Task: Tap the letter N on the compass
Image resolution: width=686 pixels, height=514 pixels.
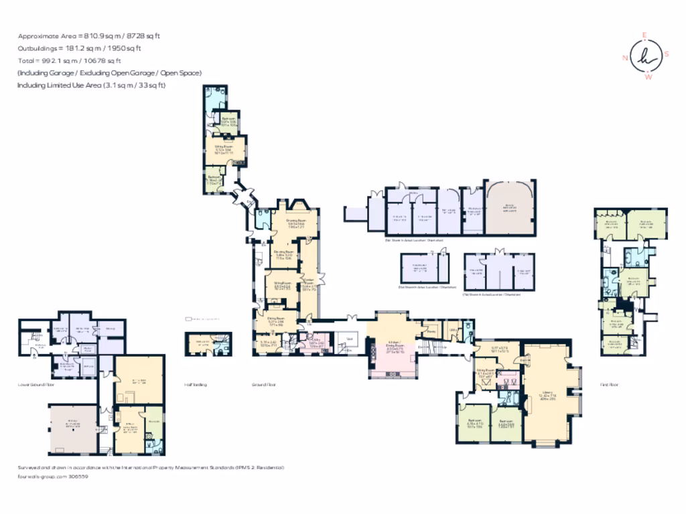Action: (x=625, y=58)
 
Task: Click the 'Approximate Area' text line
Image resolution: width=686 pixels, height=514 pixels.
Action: (x=97, y=36)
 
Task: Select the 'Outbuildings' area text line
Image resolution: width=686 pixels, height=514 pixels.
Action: (x=80, y=48)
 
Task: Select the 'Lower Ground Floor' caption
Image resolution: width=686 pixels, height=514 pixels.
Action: (x=36, y=385)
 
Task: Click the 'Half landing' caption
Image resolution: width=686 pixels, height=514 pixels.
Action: (x=195, y=385)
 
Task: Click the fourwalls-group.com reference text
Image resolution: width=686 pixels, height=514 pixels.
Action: (x=53, y=477)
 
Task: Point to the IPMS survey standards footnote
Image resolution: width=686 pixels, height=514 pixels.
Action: (x=151, y=467)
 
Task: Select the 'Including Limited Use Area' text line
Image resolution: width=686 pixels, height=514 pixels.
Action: (x=91, y=85)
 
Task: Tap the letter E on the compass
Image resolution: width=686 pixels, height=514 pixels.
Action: (x=645, y=35)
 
